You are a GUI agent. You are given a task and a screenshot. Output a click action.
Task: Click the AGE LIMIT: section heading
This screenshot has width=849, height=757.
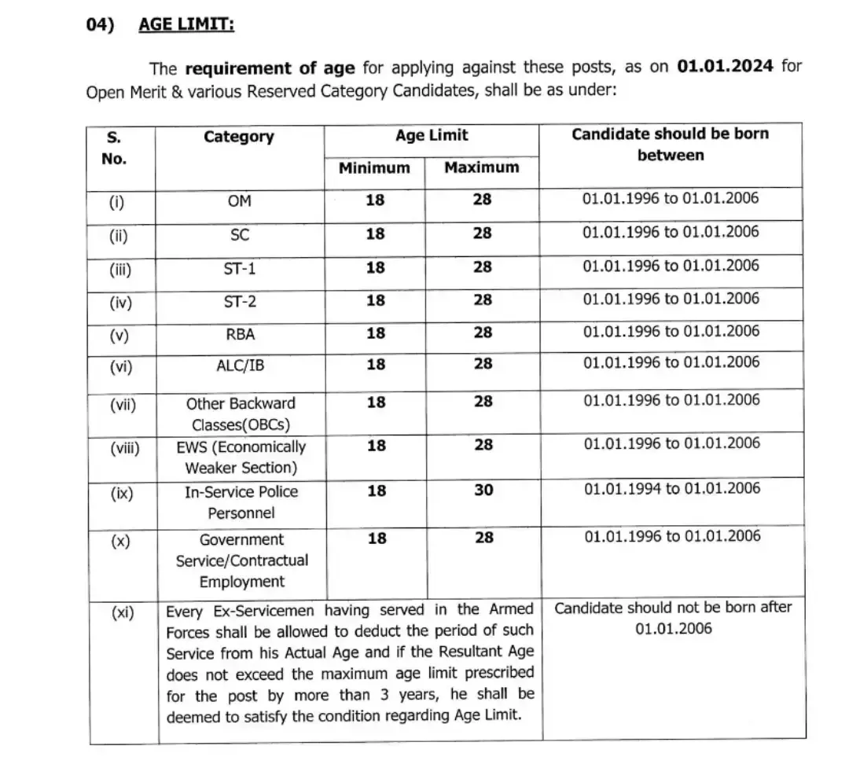point(186,24)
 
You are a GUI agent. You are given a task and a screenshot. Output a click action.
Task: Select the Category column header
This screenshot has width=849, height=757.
point(239,137)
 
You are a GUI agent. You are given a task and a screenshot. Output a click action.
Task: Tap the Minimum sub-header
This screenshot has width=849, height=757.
point(374,167)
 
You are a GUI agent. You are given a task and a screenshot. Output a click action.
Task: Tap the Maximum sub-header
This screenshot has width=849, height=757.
point(482,167)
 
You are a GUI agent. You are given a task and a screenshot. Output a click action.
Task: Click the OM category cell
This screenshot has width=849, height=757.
point(239,200)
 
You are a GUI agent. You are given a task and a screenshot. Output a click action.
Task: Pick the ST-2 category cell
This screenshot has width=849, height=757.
point(239,300)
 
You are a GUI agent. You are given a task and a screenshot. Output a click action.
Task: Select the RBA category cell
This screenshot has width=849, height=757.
point(239,334)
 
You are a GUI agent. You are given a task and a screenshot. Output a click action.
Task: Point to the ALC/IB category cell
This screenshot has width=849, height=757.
point(239,365)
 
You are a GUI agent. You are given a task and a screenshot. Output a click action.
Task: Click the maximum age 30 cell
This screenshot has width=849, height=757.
point(483,491)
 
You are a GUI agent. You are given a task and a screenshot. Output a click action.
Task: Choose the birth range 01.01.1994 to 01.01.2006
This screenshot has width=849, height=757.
point(671,488)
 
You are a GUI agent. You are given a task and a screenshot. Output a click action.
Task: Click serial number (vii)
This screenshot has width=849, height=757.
point(122,405)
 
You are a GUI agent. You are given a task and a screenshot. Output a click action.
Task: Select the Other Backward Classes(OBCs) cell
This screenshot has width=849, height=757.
point(241,414)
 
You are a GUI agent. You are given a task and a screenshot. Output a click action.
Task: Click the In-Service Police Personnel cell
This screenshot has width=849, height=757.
point(241,502)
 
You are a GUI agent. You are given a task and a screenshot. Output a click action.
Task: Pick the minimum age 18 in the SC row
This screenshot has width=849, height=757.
point(376,233)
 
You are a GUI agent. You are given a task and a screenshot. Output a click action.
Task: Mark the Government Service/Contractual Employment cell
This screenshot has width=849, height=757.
point(241,560)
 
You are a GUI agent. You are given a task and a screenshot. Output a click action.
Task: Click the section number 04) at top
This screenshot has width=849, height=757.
point(100,24)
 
